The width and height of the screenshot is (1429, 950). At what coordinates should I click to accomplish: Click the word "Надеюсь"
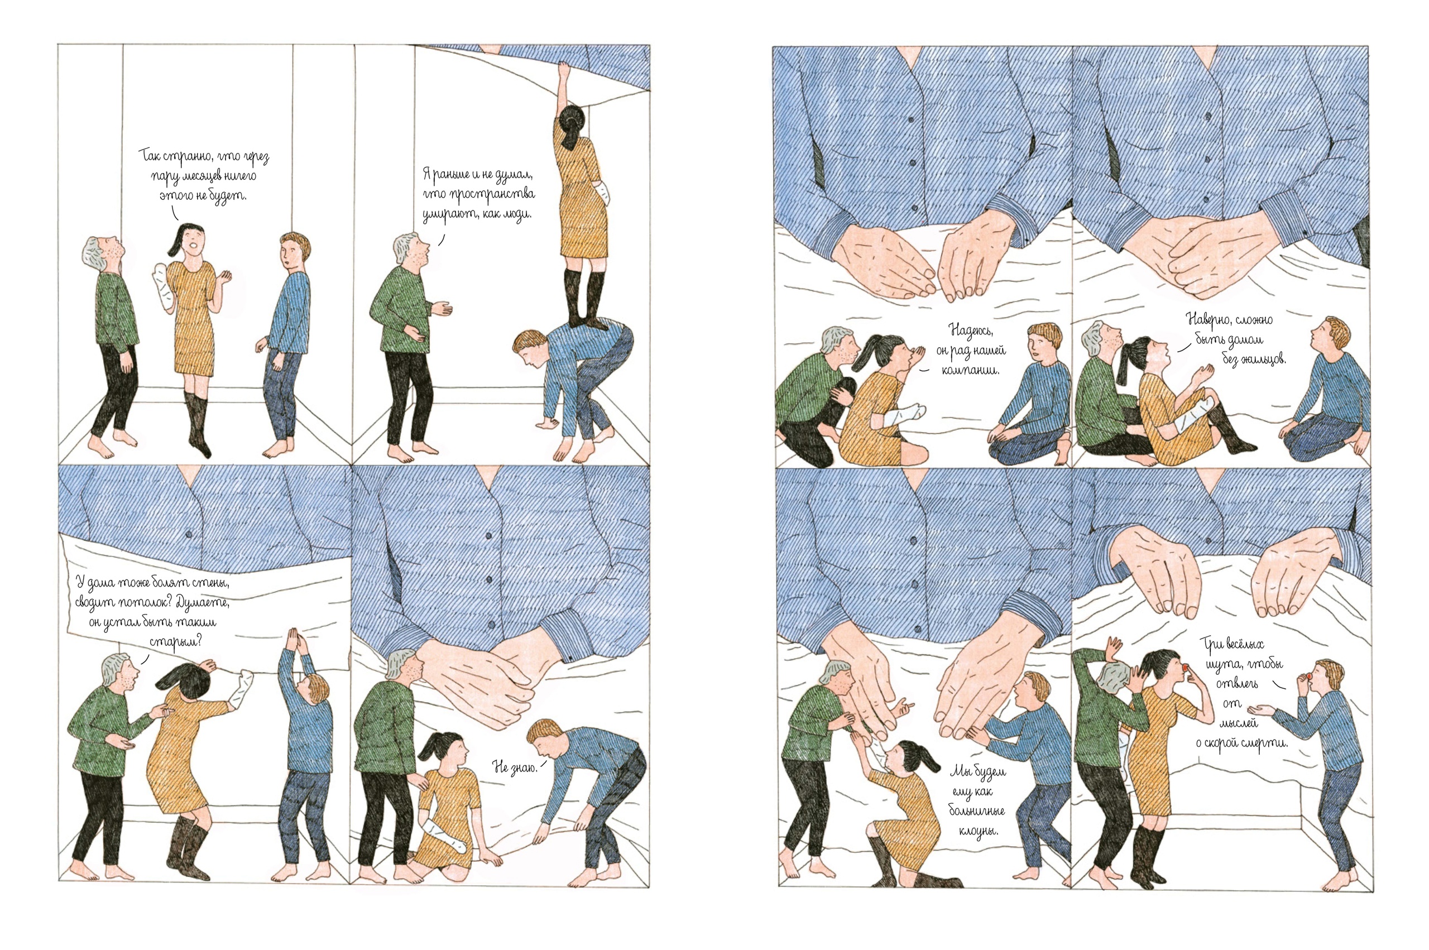tap(969, 330)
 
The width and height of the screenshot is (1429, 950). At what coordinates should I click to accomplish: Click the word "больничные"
tap(976, 810)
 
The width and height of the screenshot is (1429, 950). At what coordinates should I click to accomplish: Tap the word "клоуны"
tap(978, 830)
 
